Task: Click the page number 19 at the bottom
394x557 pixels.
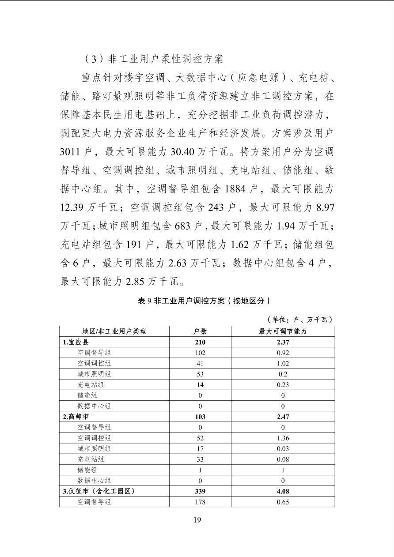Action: pyautogui.click(x=197, y=519)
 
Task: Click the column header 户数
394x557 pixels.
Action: pyautogui.click(x=200, y=331)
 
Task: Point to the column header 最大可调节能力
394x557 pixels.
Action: pyautogui.click(x=283, y=331)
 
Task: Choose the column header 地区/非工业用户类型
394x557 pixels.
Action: pyautogui.click(x=114, y=331)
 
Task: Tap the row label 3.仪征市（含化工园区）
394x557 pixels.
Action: pyautogui.click(x=98, y=491)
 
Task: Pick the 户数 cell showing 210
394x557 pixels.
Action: pyautogui.click(x=200, y=342)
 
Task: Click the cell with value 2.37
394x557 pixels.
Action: pyautogui.click(x=283, y=342)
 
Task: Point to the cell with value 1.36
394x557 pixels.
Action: pyautogui.click(x=283, y=438)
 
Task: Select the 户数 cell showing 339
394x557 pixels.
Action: pyautogui.click(x=200, y=491)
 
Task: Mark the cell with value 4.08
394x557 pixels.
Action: pyautogui.click(x=283, y=491)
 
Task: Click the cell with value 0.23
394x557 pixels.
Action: pyautogui.click(x=283, y=384)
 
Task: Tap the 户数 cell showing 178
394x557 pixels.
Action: pyautogui.click(x=200, y=502)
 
